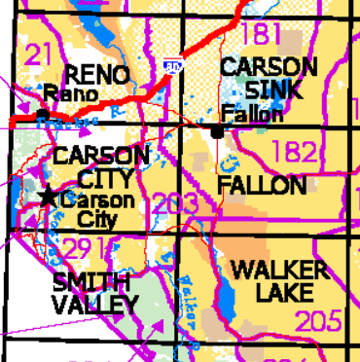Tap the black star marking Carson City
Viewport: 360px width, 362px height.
[x=47, y=197]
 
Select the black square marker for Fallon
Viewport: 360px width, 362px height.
[x=215, y=129]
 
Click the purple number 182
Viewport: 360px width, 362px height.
[x=295, y=152]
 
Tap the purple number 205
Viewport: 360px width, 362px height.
[x=319, y=320]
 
